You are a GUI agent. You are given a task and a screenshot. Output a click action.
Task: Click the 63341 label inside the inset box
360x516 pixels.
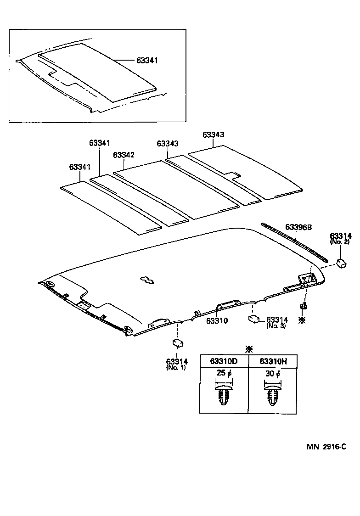[147, 60]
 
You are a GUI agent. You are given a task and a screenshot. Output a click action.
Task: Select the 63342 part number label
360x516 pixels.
[124, 155]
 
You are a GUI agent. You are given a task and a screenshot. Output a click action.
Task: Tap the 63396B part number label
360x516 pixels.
[298, 227]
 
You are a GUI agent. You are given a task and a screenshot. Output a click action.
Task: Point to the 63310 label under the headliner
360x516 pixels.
[217, 321]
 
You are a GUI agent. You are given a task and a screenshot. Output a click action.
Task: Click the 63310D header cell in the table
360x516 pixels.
[224, 361]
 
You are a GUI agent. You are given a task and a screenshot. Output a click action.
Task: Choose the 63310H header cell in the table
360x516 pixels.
[273, 361]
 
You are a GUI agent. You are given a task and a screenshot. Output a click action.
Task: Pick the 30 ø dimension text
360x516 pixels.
[273, 373]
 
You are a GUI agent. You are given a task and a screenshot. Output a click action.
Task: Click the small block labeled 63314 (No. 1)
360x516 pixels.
[177, 343]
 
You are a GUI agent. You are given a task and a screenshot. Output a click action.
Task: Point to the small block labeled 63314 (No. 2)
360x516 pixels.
[341, 263]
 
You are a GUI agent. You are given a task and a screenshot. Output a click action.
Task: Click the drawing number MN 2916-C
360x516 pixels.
[326, 446]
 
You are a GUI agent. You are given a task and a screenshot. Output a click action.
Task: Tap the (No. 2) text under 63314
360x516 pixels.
[340, 241]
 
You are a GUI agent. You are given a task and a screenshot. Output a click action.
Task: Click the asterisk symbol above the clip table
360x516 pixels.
[248, 349]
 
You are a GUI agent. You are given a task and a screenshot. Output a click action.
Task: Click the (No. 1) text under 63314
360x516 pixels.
[176, 368]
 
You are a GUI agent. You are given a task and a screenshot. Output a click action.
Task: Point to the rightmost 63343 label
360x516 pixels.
[213, 135]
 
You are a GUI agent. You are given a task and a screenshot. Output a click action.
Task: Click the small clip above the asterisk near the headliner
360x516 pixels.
[303, 306]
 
